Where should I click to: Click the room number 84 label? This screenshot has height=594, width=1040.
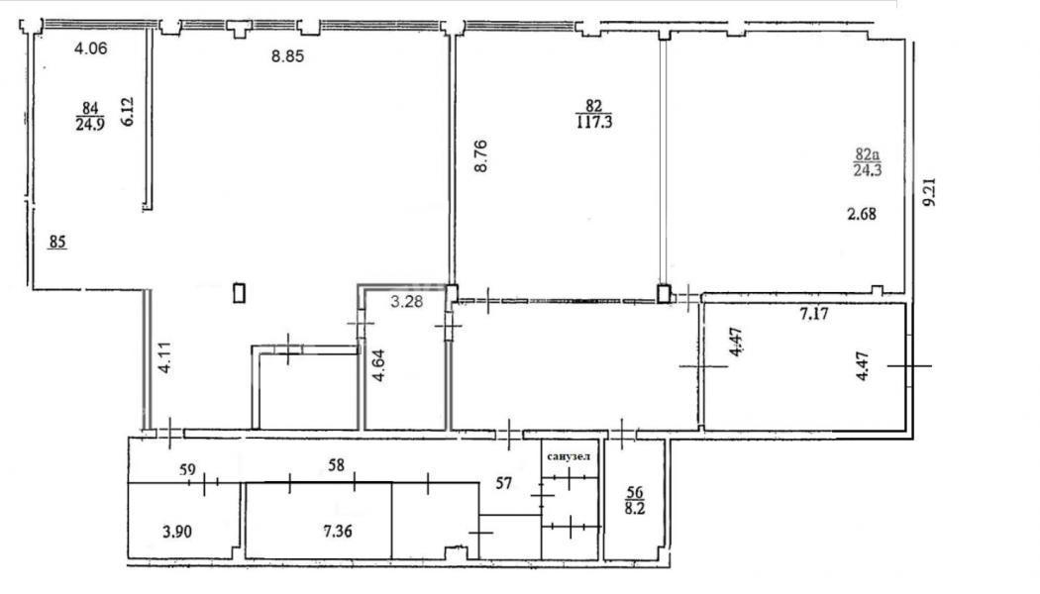(90, 107)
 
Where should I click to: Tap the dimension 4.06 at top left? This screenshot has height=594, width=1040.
(90, 48)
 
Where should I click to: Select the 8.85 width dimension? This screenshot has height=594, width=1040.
(287, 56)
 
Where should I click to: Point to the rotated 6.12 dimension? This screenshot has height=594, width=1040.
(128, 111)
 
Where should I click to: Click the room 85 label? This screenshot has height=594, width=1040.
(57, 242)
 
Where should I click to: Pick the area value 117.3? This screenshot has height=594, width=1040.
(593, 122)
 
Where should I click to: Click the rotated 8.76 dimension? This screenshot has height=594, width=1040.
(480, 155)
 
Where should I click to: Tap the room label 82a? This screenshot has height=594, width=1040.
(867, 155)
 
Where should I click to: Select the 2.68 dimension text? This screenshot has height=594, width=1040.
(861, 214)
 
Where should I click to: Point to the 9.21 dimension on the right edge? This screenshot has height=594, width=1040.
(930, 192)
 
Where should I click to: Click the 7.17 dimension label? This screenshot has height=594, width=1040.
(814, 313)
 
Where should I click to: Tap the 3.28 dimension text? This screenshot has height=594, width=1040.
(406, 302)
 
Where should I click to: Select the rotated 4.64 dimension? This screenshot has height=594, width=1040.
(378, 366)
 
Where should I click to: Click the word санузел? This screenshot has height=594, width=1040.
(569, 456)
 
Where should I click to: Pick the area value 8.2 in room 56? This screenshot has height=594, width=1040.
(635, 509)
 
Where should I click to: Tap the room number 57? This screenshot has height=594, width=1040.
(504, 483)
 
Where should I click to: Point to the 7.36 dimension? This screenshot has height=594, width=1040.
(338, 531)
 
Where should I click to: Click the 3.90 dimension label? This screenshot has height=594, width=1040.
(177, 531)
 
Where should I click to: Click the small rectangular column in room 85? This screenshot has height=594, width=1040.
(240, 293)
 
